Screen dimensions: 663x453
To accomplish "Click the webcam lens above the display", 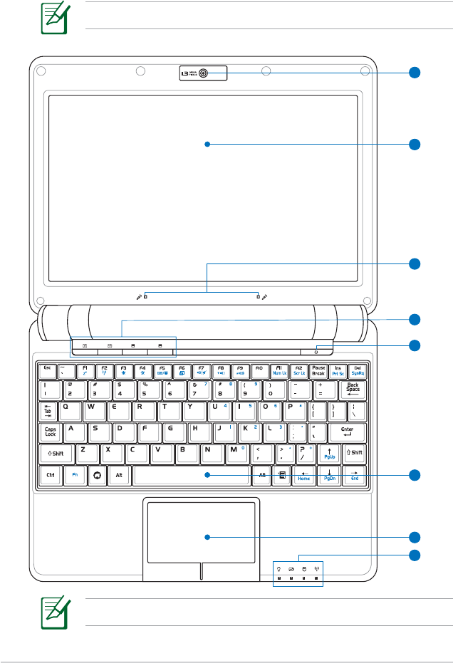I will click(204, 73).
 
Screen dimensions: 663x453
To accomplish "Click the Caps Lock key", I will click(51, 432).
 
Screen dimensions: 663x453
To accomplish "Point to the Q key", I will click(69, 410).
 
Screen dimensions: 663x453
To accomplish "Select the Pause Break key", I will click(318, 370).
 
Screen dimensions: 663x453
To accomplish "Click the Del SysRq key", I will click(357, 370).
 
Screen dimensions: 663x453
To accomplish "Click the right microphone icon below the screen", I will click(265, 296).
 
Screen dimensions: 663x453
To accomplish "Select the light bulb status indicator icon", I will click(279, 569).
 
